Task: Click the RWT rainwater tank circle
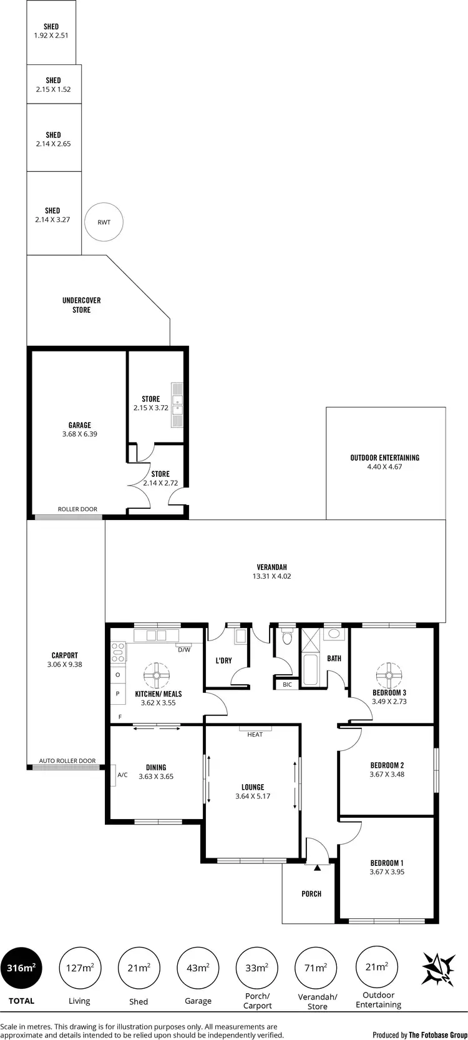(x=104, y=222)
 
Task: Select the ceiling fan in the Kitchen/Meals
(x=157, y=675)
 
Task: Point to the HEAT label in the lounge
(x=255, y=734)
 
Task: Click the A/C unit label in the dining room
(x=122, y=775)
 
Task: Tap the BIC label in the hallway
(x=287, y=685)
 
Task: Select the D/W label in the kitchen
(x=184, y=650)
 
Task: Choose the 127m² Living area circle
(x=80, y=968)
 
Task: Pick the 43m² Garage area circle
(x=198, y=968)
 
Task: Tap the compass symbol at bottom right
(x=439, y=969)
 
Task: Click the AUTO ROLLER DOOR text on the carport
(x=67, y=760)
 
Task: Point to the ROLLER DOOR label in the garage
(x=77, y=509)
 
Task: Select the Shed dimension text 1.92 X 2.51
(x=51, y=36)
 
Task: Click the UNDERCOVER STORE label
(x=81, y=305)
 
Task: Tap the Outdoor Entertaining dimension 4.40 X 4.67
(x=384, y=466)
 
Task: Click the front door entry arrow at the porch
(x=318, y=867)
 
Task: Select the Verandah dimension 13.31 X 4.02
(x=271, y=576)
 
